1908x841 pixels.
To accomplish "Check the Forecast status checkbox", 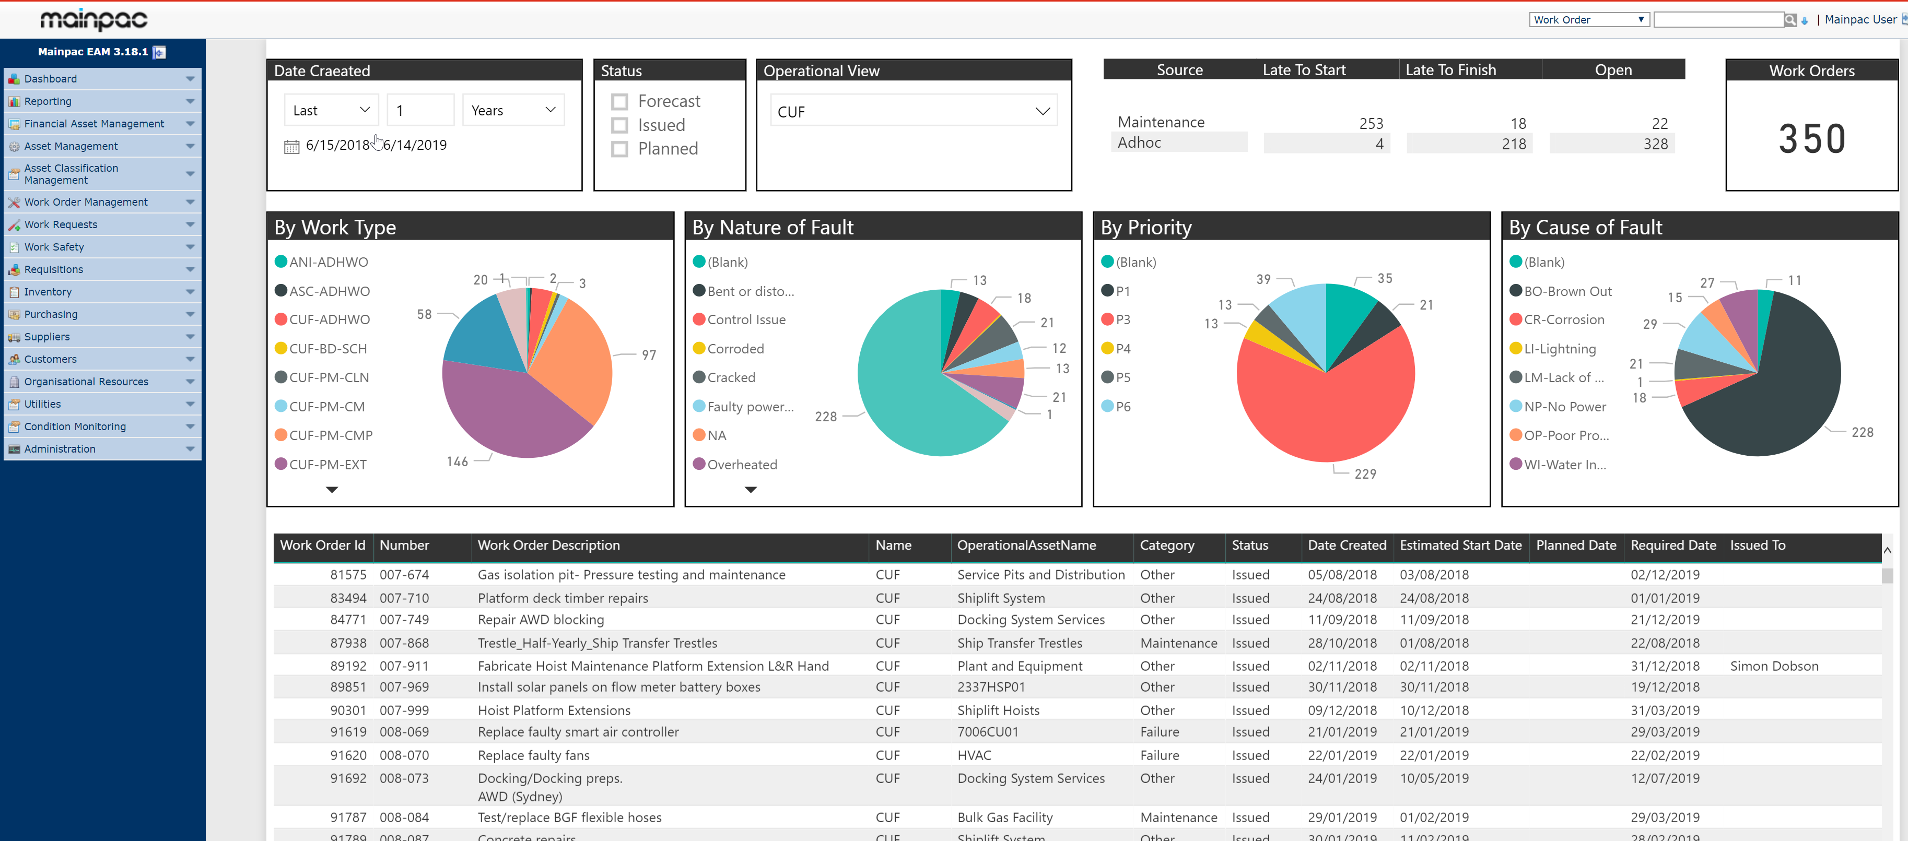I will tap(619, 101).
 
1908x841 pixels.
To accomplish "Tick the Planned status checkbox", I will tap(619, 149).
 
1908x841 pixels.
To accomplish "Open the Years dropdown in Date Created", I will tap(512, 110).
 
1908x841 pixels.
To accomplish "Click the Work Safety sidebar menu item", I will tap(54, 246).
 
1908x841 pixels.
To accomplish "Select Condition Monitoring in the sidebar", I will tap(75, 427).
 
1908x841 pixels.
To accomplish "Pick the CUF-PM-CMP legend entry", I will tap(330, 435).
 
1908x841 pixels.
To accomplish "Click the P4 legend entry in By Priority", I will tap(1122, 349).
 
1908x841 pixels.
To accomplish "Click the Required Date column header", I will tap(1672, 546).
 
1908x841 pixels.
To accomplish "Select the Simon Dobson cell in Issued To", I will tap(1773, 666).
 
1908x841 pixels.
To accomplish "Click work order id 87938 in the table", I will tap(348, 643).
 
